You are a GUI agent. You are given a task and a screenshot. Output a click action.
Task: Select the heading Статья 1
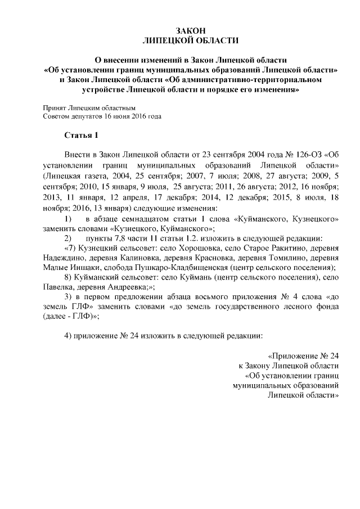click(82, 135)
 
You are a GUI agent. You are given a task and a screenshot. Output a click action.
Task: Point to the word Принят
click(55, 107)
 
